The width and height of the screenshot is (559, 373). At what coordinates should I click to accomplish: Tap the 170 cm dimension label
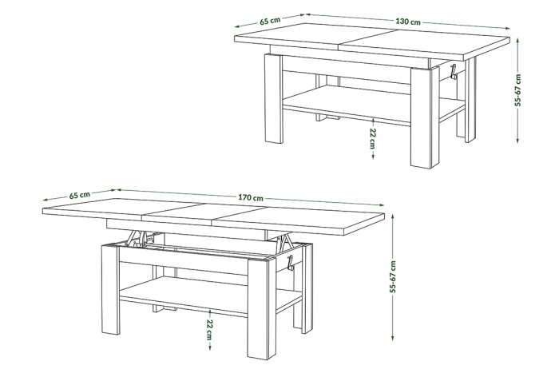(251, 197)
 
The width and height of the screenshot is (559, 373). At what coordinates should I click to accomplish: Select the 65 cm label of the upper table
(270, 20)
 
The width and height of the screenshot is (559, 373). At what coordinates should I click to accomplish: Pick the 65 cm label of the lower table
(80, 195)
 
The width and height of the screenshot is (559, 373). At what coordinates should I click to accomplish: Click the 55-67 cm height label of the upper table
(518, 90)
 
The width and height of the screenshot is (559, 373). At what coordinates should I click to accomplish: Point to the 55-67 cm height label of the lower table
(393, 276)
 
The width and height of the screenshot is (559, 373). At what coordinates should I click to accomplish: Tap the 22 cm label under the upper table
(373, 139)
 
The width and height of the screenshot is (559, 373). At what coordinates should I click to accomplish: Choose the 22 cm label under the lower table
(209, 330)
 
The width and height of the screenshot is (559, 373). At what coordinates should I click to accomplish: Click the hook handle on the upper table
(453, 72)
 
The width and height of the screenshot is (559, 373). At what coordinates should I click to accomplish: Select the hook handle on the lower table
(290, 263)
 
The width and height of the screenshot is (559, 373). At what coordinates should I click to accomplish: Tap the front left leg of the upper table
(274, 98)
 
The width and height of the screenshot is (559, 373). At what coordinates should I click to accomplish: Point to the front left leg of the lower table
(110, 290)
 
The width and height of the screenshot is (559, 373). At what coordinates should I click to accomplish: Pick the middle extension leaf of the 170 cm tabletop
(206, 212)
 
